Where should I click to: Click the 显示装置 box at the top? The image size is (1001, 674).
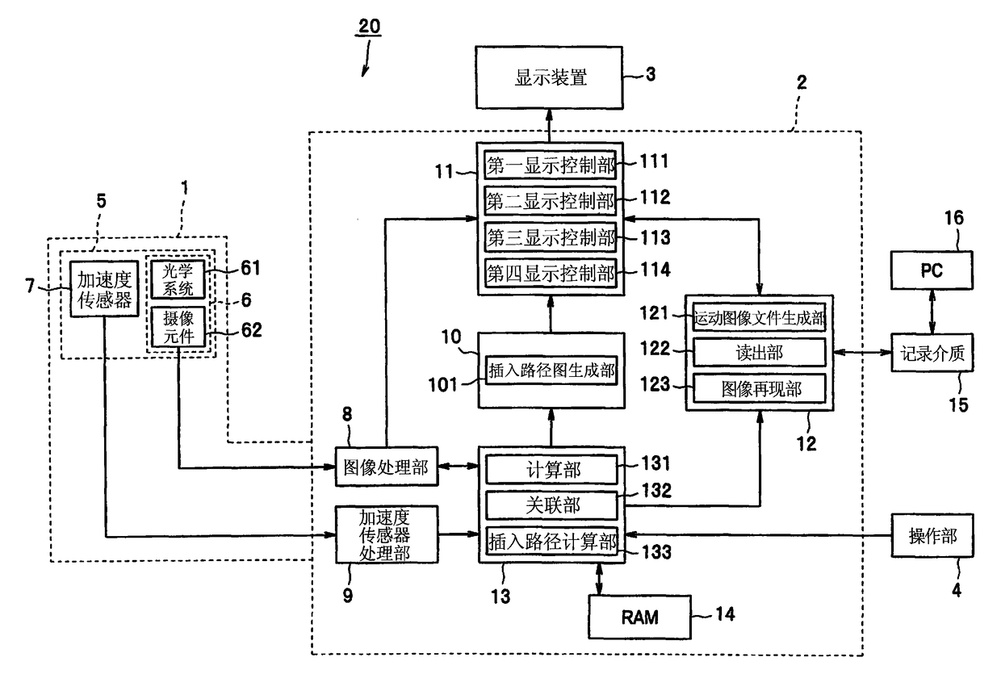(x=549, y=77)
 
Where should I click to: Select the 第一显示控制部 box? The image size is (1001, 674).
(x=551, y=165)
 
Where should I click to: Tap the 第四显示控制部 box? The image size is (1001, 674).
(x=551, y=273)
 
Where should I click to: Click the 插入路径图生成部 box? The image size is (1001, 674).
(x=551, y=370)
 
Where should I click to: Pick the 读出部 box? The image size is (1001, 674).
(x=760, y=352)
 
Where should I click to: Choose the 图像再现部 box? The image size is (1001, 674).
(x=760, y=388)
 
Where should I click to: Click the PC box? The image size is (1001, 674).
(x=932, y=270)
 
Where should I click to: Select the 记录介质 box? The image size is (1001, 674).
(x=932, y=353)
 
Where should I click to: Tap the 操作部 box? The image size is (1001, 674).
(x=932, y=535)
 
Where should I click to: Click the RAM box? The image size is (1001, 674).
(x=640, y=617)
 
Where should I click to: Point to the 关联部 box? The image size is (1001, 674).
(x=552, y=505)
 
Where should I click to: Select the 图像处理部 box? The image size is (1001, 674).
(x=387, y=467)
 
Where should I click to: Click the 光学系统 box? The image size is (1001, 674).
(x=178, y=279)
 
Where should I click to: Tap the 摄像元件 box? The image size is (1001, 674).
(x=178, y=327)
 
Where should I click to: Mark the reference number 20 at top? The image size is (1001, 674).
(x=369, y=27)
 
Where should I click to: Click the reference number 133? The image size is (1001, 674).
(x=656, y=552)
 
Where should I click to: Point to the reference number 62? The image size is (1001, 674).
(x=251, y=330)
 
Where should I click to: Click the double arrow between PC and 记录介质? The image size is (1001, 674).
(x=932, y=312)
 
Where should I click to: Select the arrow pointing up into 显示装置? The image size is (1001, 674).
(x=549, y=126)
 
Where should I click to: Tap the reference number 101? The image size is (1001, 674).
(x=443, y=385)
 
